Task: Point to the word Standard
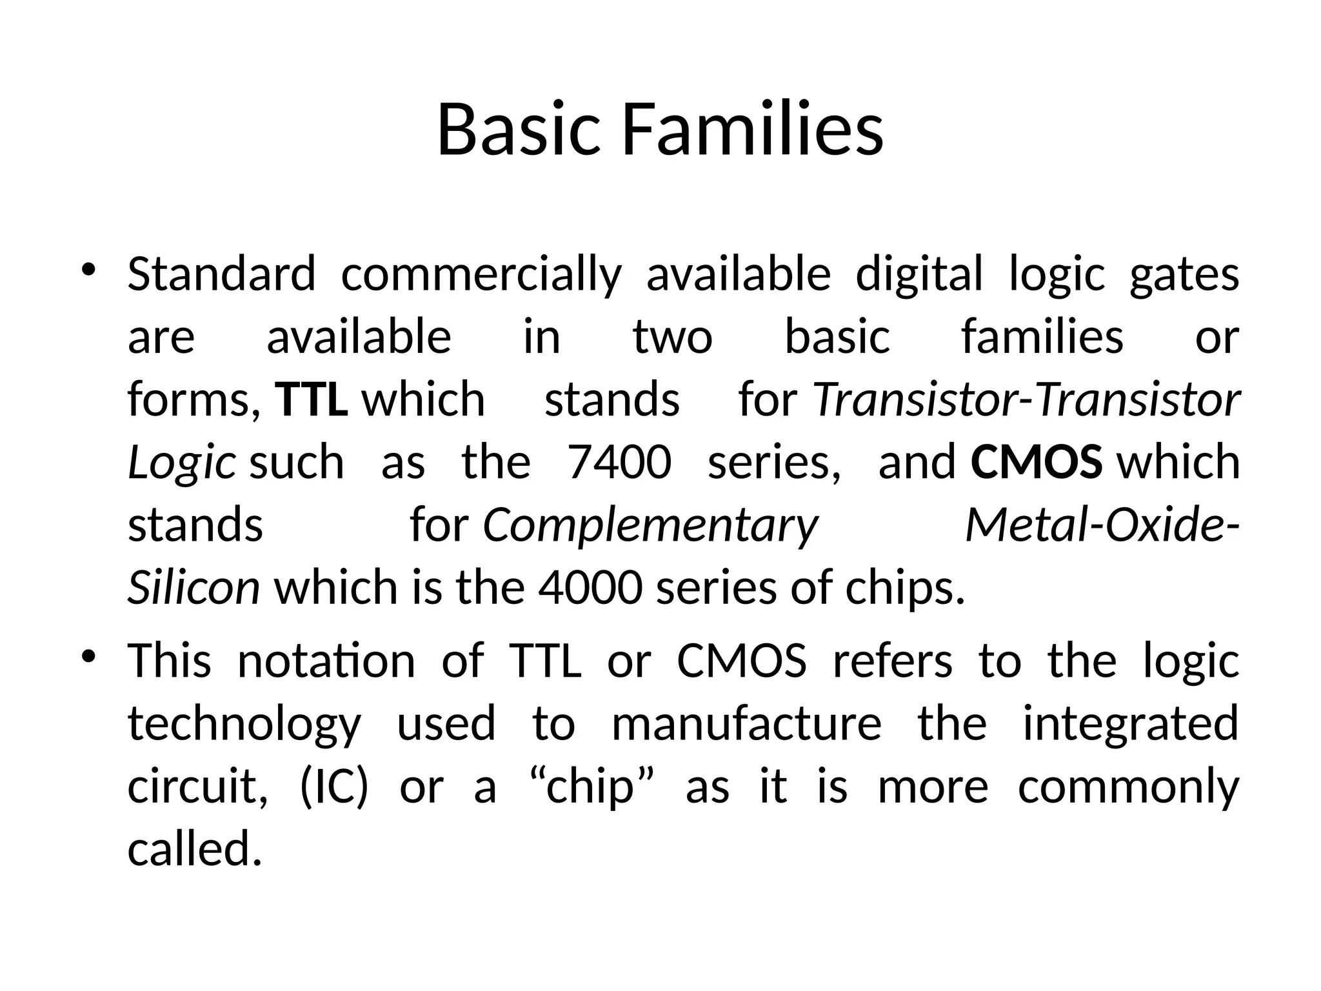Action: coord(222,274)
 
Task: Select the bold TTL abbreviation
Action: coord(312,399)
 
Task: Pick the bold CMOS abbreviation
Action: coord(1036,462)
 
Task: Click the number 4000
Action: coord(590,588)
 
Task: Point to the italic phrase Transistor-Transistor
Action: coord(1026,399)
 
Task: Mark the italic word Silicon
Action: coord(194,588)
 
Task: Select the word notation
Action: coord(326,661)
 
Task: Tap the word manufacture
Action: coord(746,724)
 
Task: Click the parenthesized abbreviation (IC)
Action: coord(334,787)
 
